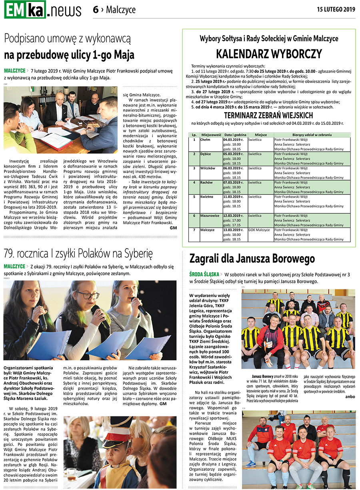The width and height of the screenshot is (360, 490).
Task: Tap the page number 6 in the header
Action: pyautogui.click(x=96, y=10)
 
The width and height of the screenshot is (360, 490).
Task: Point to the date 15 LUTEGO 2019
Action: pyautogui.click(x=336, y=9)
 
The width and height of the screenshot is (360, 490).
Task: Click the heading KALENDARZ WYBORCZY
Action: pyautogui.click(x=269, y=54)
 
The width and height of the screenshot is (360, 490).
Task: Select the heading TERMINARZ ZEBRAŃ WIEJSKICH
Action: pyautogui.click(x=268, y=116)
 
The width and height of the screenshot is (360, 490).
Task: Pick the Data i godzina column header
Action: pyautogui.click(x=235, y=135)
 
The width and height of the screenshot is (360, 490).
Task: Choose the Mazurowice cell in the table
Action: pyautogui.click(x=210, y=215)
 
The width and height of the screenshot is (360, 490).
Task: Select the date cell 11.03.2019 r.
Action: pyautogui.click(x=233, y=197)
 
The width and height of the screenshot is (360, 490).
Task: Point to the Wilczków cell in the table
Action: pyautogui.click(x=208, y=168)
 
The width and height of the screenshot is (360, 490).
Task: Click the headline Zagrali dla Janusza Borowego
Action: pyautogui.click(x=252, y=259)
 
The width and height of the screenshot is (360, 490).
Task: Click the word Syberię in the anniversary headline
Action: pyautogui.click(x=137, y=253)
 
